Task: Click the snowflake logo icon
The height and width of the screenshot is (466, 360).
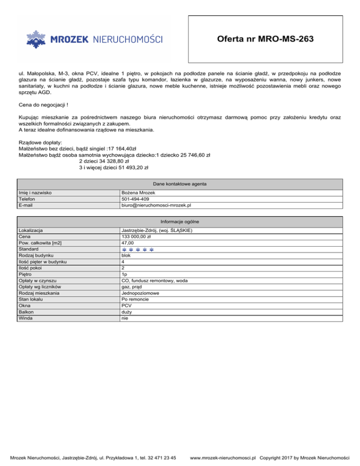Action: point(35,39)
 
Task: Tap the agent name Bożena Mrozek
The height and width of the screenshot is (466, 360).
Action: point(138,193)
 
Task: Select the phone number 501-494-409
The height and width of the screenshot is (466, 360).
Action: point(135,199)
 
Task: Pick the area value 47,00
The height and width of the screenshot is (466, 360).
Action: point(127,243)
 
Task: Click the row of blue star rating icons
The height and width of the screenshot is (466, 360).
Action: point(138,249)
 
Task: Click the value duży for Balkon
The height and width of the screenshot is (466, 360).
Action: point(127,312)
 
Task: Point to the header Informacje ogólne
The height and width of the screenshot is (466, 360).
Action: point(180,221)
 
